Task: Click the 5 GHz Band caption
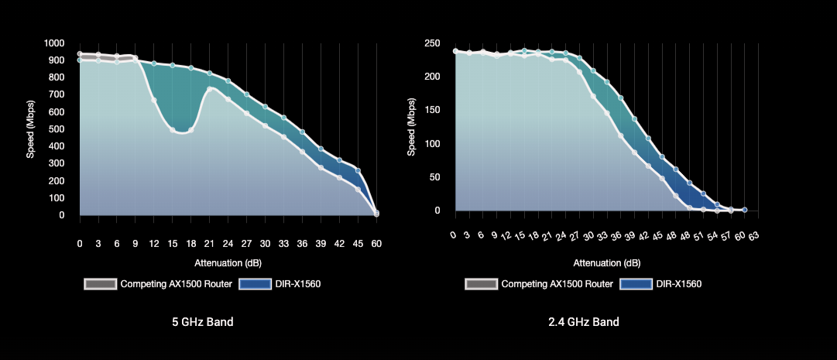pyautogui.click(x=202, y=322)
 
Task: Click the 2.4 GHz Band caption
pyautogui.click(x=585, y=322)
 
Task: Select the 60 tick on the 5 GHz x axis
pyautogui.click(x=376, y=243)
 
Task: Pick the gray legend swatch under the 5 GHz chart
pyautogui.click(x=100, y=284)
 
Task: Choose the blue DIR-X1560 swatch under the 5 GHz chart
pyautogui.click(x=255, y=284)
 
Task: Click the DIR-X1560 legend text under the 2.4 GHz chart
pyautogui.click(x=678, y=284)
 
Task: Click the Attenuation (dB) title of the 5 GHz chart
pyautogui.click(x=228, y=262)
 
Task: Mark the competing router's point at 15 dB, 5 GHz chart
pyautogui.click(x=173, y=130)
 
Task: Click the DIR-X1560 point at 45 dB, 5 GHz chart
pyautogui.click(x=358, y=170)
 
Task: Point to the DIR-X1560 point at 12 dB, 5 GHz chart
pyautogui.click(x=154, y=63)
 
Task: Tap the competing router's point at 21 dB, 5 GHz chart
pyautogui.click(x=210, y=89)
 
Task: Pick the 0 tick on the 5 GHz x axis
pyautogui.click(x=80, y=243)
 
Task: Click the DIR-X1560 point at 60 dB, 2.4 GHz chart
pyautogui.click(x=745, y=210)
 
